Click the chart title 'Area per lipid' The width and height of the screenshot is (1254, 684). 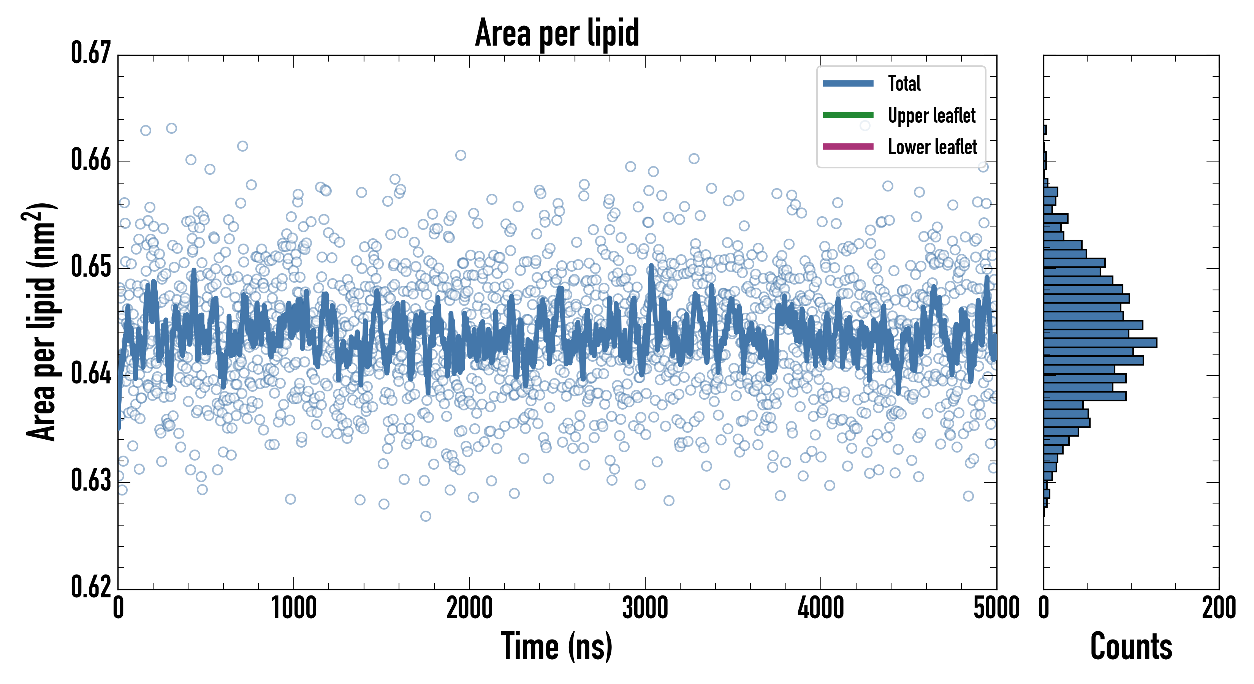click(557, 33)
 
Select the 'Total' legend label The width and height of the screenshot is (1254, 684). click(904, 84)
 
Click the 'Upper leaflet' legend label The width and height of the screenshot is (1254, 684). click(931, 116)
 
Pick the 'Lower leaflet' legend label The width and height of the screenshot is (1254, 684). click(932, 147)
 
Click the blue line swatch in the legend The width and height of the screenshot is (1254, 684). click(847, 84)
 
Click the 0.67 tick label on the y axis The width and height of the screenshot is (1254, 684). click(91, 53)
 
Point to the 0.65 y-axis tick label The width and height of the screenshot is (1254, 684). click(91, 267)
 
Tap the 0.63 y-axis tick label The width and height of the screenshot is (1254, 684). click(91, 480)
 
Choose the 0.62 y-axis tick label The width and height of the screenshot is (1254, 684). click(91, 587)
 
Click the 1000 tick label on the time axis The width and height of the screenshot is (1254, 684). click(293, 608)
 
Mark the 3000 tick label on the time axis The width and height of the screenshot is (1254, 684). click(645, 608)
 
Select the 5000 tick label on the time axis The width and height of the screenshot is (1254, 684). click(996, 608)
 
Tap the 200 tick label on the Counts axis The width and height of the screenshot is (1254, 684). click(1218, 608)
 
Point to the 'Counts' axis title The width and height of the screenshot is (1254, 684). click(1131, 646)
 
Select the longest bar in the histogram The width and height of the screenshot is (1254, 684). click(1100, 343)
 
